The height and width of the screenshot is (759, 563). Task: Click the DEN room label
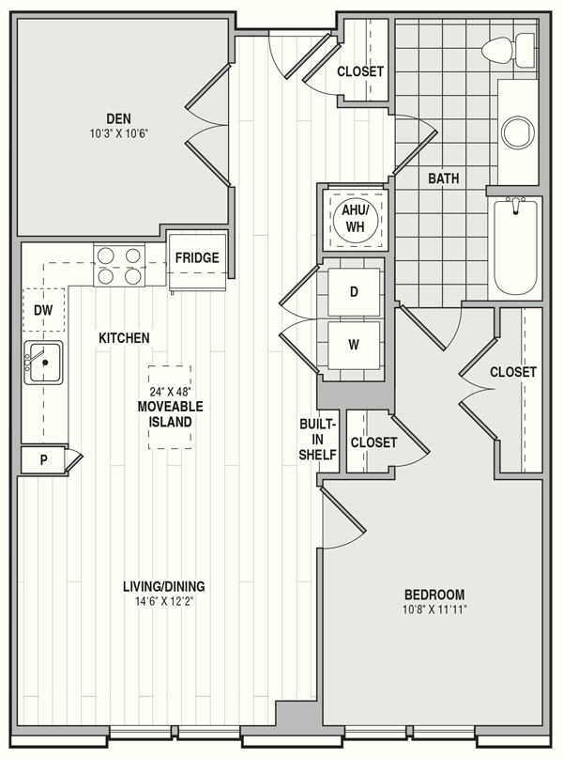point(118,118)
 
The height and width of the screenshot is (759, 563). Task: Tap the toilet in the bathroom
point(509,50)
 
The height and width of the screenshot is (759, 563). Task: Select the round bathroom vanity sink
point(519,132)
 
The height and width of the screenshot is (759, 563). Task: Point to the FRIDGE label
point(197,257)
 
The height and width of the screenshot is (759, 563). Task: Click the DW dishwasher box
point(43,310)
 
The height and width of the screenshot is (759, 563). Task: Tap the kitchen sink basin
point(44,363)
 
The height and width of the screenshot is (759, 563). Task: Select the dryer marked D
point(354,292)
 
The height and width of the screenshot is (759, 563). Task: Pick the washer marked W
point(354,345)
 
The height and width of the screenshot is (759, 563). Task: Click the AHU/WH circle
point(356,218)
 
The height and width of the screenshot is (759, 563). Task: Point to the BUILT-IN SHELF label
point(317,439)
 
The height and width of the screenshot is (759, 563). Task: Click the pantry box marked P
point(44,459)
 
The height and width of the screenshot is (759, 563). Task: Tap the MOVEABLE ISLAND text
point(170,414)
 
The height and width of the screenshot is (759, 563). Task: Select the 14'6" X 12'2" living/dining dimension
point(164,602)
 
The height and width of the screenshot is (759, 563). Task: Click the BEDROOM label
point(434,595)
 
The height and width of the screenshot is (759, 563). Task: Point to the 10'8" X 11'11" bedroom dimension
point(434,610)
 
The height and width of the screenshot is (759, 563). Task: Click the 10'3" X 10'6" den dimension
point(118,133)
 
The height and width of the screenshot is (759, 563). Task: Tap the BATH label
point(444,178)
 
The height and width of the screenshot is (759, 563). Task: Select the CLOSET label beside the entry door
point(360,71)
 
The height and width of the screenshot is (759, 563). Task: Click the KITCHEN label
point(124,338)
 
